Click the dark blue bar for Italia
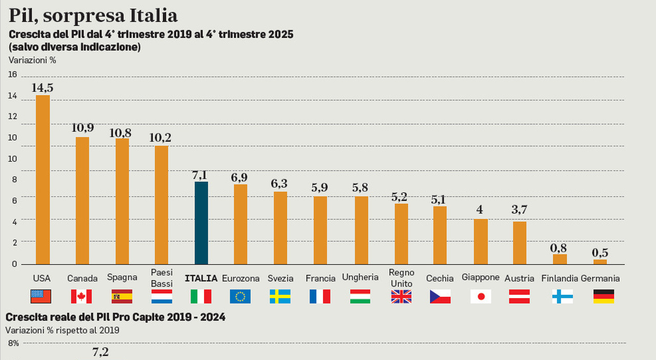click(201, 223)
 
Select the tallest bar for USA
click(43, 179)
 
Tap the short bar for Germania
click(600, 262)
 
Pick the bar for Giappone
click(481, 242)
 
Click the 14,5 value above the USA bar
click(43, 88)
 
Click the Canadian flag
click(81, 296)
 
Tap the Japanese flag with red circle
click(481, 296)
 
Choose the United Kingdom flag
click(401, 296)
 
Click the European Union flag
click(240, 296)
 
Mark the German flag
click(603, 296)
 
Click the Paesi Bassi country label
click(162, 277)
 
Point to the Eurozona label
click(240, 278)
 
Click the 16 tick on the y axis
click(12, 75)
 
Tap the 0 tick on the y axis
click(14, 264)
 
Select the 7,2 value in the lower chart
click(100, 352)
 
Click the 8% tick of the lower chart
click(13, 343)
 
